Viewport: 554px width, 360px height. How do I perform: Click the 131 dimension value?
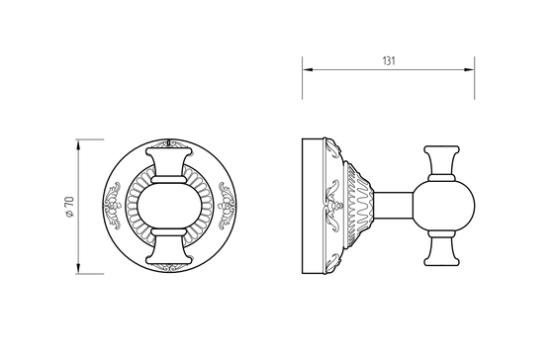[x=389, y=61]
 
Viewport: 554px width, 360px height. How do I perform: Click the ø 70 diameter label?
[x=69, y=207]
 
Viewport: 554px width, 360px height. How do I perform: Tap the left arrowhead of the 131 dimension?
[x=308, y=69]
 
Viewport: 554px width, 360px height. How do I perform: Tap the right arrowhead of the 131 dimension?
[x=469, y=69]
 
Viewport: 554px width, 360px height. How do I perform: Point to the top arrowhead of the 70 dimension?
[x=78, y=144]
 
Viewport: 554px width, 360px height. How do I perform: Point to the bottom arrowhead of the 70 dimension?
[x=78, y=268]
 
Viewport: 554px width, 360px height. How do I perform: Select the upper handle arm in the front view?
[x=169, y=165]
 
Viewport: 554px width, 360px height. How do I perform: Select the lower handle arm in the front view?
[x=169, y=247]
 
